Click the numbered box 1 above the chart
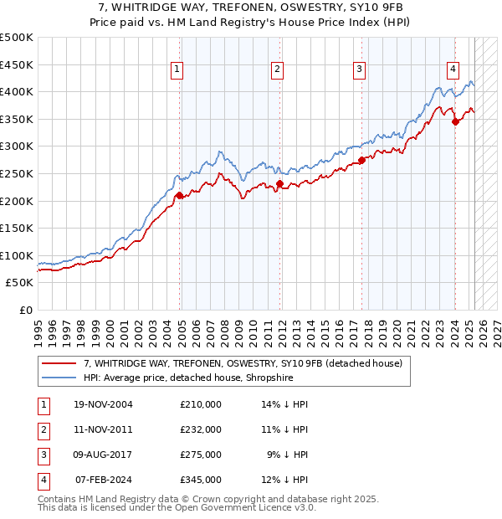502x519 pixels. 178,70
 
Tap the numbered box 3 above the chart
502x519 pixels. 359,70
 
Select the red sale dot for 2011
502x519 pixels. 280,183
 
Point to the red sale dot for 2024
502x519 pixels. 455,121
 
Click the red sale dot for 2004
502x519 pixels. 180,195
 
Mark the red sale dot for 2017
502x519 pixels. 361,160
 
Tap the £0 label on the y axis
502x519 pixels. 25,310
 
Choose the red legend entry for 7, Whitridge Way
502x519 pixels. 243,363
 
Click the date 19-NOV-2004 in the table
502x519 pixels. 103,404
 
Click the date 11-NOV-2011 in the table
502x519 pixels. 103,429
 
